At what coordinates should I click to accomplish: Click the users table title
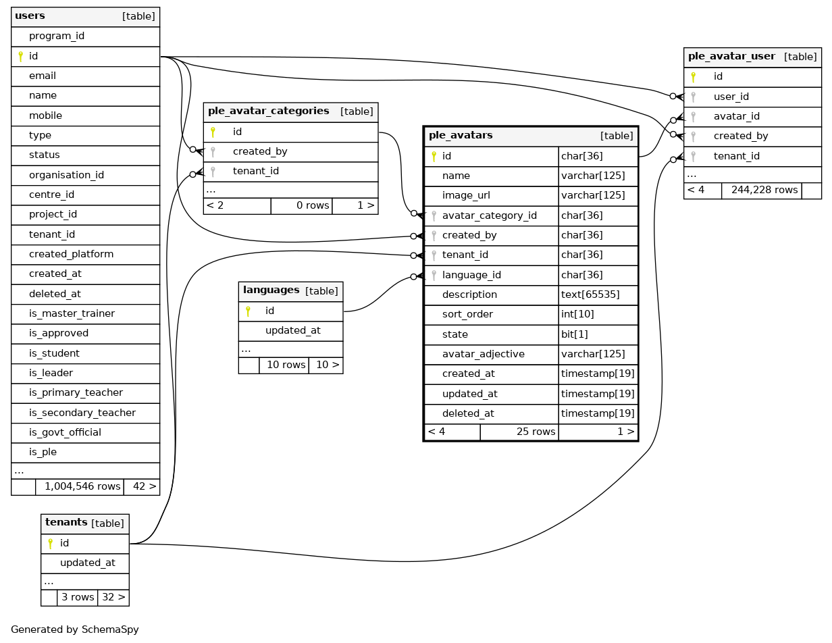[x=30, y=16]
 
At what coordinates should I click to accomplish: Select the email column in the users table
[x=43, y=76]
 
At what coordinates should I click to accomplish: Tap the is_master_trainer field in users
[x=72, y=313]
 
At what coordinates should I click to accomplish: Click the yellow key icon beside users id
[x=20, y=56]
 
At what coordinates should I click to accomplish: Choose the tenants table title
[x=66, y=523]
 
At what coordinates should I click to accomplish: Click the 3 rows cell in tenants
[x=78, y=597]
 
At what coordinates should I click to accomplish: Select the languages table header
[x=271, y=290]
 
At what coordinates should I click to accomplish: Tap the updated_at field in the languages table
[x=292, y=330]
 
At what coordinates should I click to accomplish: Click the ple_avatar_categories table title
[x=268, y=111]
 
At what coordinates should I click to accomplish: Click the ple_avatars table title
[x=461, y=136]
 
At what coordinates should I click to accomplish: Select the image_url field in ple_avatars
[x=466, y=195]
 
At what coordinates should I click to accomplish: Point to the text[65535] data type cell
[x=590, y=294]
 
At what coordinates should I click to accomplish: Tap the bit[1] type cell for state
[x=575, y=334]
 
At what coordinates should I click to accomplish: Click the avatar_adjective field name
[x=483, y=354]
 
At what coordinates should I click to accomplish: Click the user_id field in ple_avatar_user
[x=731, y=97]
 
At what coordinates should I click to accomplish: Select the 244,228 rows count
[x=764, y=190]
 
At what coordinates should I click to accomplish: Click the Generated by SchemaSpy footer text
[x=75, y=629]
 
